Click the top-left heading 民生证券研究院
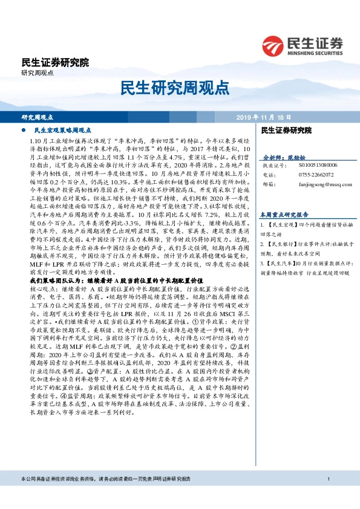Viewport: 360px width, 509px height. click(x=54, y=62)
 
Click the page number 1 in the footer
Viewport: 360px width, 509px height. click(x=327, y=496)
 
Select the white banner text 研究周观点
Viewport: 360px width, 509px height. click(x=38, y=117)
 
